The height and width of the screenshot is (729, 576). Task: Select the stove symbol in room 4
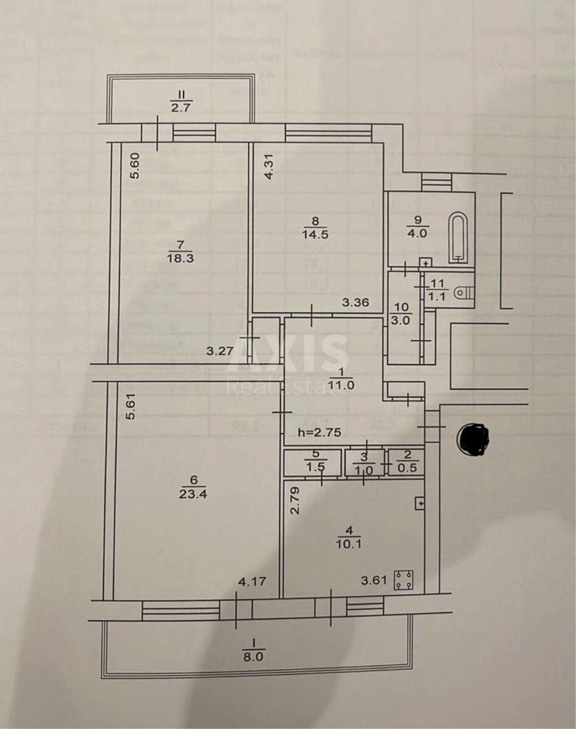(x=403, y=580)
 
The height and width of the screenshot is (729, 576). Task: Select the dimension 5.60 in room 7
(x=135, y=165)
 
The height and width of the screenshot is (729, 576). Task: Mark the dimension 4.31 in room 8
(x=269, y=165)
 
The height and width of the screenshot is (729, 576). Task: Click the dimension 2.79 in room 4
(x=295, y=501)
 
